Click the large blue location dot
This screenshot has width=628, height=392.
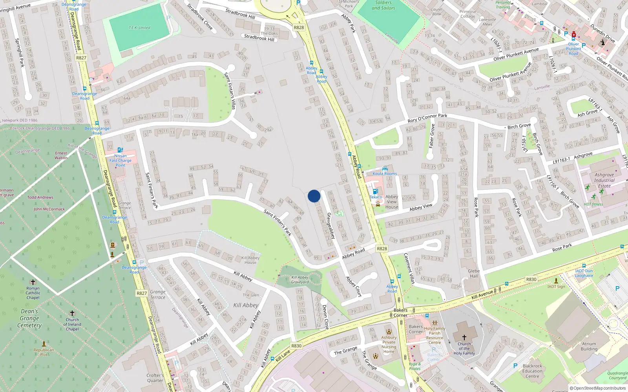tap(314, 196)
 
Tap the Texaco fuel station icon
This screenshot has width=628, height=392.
tap(375, 191)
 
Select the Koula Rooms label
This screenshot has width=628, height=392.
tap(385, 174)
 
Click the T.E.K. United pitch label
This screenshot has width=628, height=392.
tap(139, 27)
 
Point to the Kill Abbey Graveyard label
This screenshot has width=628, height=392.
tap(300, 279)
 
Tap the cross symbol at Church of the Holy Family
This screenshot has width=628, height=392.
tap(464, 337)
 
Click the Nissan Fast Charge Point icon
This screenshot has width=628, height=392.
tap(120, 150)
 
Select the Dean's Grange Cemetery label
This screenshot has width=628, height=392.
tap(29, 318)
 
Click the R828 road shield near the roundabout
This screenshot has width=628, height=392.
tap(299, 27)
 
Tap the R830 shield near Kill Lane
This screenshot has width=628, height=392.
tap(296, 346)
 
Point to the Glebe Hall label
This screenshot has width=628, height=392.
tap(474, 273)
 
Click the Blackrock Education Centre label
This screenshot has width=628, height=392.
tap(532, 371)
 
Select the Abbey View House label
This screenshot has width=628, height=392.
tap(391, 201)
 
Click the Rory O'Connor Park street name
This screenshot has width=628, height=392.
tap(427, 118)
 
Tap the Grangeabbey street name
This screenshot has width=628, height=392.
tap(331, 225)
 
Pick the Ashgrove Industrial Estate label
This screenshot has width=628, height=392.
tap(604, 180)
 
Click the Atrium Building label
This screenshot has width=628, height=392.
tap(589, 346)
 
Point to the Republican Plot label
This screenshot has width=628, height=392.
tap(44, 352)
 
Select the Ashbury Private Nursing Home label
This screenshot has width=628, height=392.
tap(389, 344)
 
